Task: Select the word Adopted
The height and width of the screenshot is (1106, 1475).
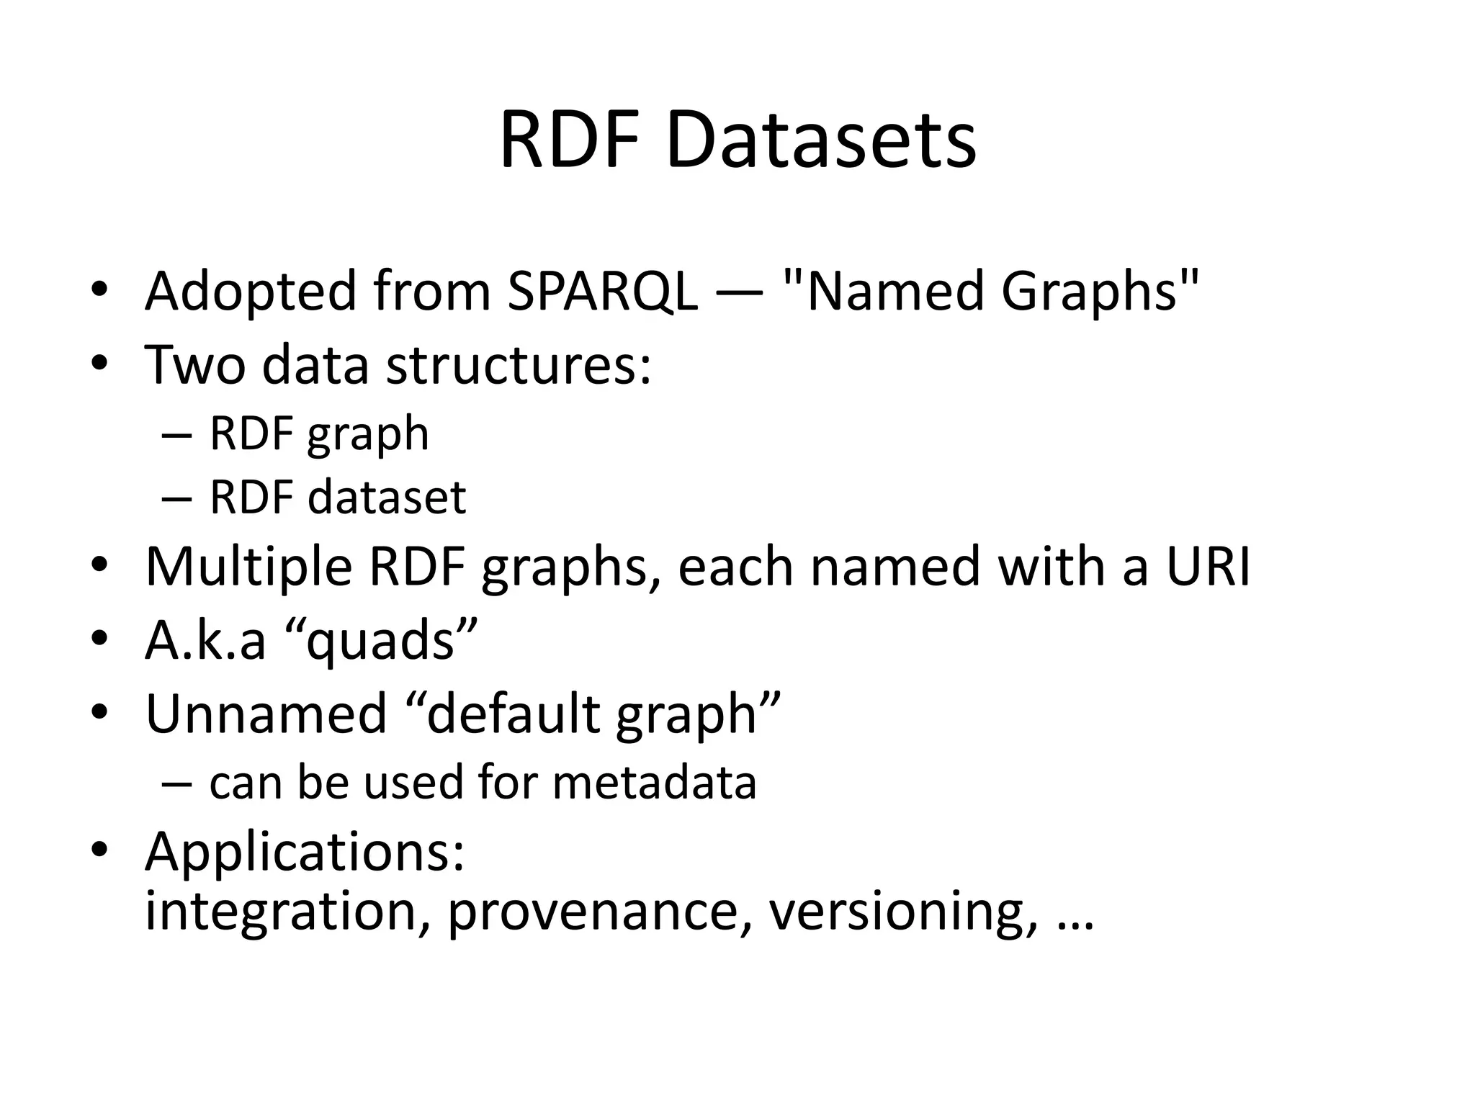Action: [251, 292]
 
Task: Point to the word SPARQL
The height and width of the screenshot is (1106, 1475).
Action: [602, 292]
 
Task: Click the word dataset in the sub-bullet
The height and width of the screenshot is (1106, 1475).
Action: [387, 498]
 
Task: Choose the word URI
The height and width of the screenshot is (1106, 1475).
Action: [1208, 567]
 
